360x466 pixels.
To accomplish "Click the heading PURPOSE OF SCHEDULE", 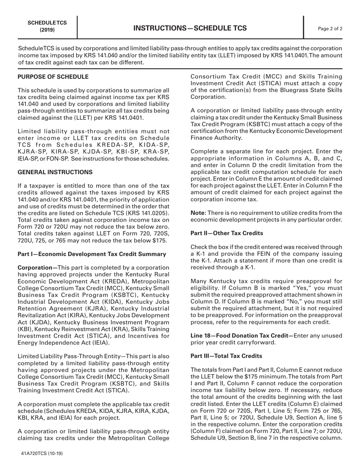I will coord(53,77).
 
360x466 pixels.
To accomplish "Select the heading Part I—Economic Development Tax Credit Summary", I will coord(92,254).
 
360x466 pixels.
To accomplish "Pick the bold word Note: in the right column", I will coord(198,213).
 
